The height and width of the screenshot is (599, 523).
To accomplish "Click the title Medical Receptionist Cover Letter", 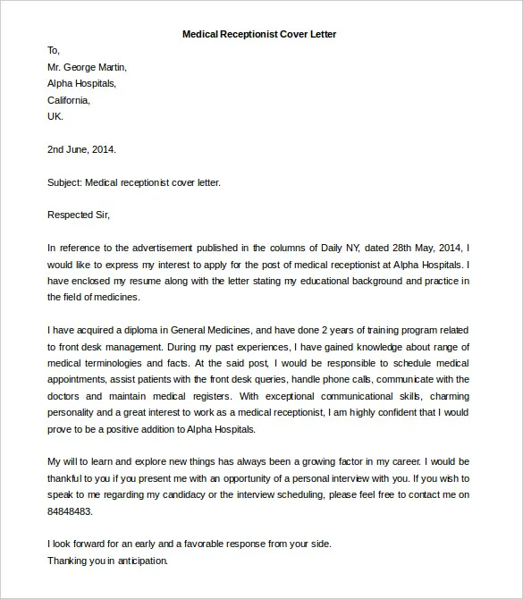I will click(x=259, y=34).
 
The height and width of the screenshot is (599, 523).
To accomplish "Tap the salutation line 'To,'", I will click(x=54, y=50).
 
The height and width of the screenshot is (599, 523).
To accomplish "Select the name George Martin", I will click(x=95, y=67).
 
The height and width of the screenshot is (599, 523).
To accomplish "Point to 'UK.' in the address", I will click(x=55, y=116).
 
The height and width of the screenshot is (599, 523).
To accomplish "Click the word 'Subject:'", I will click(x=64, y=182).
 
